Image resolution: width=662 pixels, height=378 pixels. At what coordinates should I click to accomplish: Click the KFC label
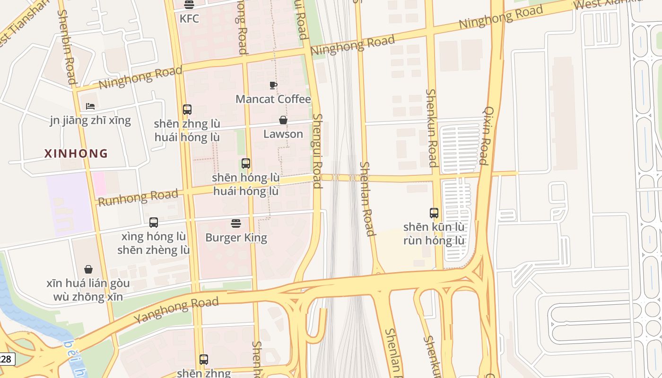point(189,19)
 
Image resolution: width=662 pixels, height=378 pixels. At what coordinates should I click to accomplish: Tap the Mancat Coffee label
point(273,99)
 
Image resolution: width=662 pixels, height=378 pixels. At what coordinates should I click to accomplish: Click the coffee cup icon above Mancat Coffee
point(273,85)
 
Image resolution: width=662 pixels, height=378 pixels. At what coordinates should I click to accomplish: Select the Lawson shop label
point(283,134)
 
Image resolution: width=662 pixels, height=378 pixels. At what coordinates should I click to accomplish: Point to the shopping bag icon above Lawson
point(283,120)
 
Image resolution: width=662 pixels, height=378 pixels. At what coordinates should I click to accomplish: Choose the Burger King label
point(236,237)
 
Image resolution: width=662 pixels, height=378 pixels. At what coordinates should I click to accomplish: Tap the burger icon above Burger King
point(236,223)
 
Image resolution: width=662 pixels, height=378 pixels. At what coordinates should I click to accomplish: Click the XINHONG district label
point(76,154)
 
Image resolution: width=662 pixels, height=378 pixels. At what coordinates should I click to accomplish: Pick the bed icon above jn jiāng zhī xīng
point(90,106)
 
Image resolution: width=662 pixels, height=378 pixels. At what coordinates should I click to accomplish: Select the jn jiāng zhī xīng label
point(90,120)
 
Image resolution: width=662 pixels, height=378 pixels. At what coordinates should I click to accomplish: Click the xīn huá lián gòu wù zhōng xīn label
point(88,290)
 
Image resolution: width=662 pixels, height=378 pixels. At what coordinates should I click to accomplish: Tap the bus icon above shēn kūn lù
point(434,213)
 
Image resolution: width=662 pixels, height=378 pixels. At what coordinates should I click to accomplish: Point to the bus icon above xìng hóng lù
point(153,222)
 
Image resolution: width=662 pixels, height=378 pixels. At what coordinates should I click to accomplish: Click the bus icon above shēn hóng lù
point(245,163)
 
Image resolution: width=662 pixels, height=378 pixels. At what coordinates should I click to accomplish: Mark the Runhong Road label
point(138,197)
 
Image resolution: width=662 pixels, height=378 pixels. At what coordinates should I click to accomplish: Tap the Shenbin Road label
point(67,47)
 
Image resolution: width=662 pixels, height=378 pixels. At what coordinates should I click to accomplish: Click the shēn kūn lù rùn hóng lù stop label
point(434,233)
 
